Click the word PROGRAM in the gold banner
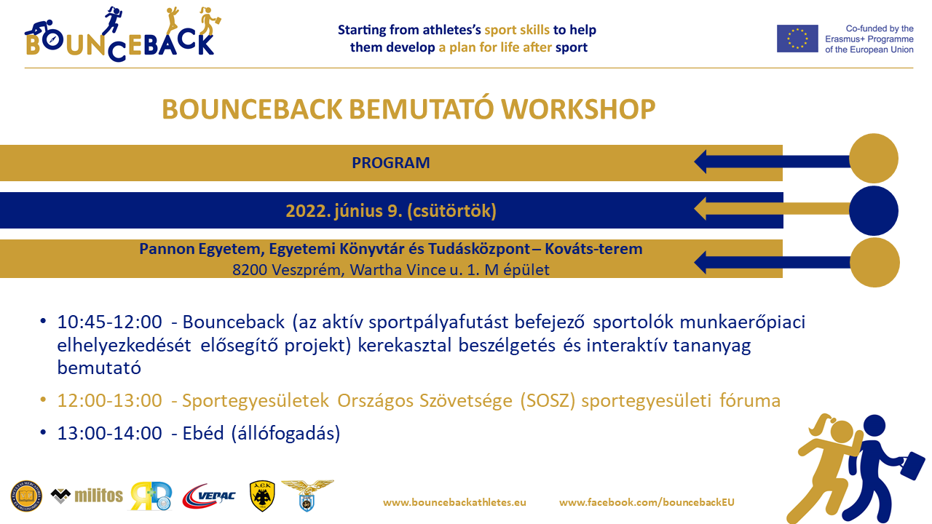(x=391, y=163)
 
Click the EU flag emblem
(x=797, y=39)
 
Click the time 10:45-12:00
(x=110, y=322)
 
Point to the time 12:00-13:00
(x=110, y=400)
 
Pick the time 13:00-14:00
(x=110, y=434)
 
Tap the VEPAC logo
(x=208, y=496)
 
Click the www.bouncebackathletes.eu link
(x=454, y=502)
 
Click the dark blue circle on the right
(x=874, y=210)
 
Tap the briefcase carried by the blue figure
(x=911, y=464)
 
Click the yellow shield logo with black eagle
(x=261, y=496)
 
